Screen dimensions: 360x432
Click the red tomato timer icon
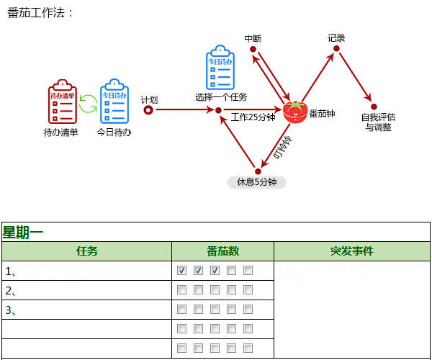click(x=294, y=112)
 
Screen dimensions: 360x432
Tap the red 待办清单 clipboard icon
click(x=63, y=102)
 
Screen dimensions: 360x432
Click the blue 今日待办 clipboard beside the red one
click(x=114, y=102)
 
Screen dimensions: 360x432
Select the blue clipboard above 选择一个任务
click(x=220, y=68)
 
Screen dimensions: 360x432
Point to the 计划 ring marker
click(x=148, y=110)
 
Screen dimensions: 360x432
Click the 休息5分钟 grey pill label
click(x=257, y=182)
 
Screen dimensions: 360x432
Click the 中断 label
click(x=253, y=38)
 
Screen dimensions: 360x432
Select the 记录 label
click(x=336, y=38)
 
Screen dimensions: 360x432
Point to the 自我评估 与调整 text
click(x=378, y=122)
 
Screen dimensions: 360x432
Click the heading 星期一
click(x=23, y=232)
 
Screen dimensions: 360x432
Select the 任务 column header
click(x=87, y=251)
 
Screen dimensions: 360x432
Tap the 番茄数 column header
click(x=222, y=251)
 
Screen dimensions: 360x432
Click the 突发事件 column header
click(x=351, y=251)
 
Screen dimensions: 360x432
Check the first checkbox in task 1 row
click(x=182, y=271)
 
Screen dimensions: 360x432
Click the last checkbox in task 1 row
click(x=248, y=271)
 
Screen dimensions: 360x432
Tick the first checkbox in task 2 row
click(x=182, y=290)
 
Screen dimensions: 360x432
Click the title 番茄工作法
click(x=40, y=13)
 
